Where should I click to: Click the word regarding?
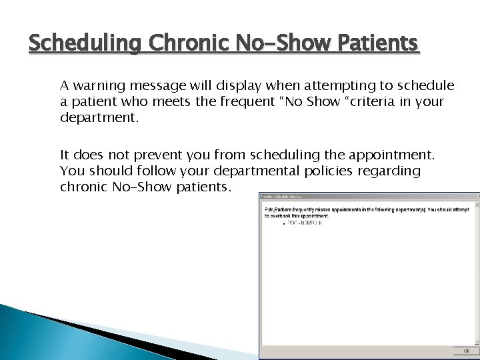pos(390,171)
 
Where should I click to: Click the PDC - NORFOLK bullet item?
pos(304,223)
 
